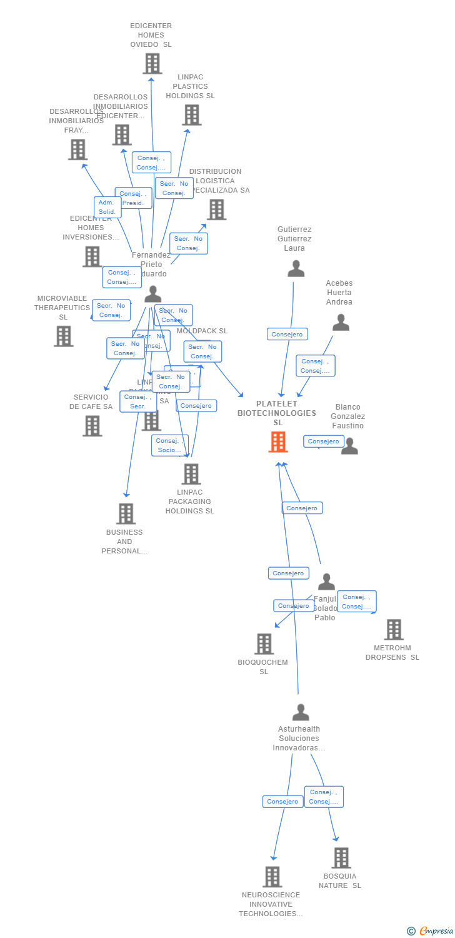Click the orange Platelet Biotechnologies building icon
(278, 441)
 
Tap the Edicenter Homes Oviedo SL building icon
(152, 63)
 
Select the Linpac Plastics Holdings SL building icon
(191, 114)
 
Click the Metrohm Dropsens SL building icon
(394, 630)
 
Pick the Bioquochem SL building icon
(264, 643)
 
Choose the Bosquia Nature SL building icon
(341, 858)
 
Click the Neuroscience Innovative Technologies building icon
(272, 877)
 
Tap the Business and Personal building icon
(126, 513)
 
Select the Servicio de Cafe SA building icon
(92, 426)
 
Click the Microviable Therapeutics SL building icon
(63, 336)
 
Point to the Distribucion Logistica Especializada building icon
(216, 209)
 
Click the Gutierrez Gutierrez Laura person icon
(296, 268)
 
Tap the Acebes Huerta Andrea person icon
(341, 322)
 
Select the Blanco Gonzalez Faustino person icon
(349, 446)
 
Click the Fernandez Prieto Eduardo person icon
(152, 294)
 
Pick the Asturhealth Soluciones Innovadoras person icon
(301, 712)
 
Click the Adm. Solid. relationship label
(107, 207)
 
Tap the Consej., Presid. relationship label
(133, 198)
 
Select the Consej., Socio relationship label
(169, 445)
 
